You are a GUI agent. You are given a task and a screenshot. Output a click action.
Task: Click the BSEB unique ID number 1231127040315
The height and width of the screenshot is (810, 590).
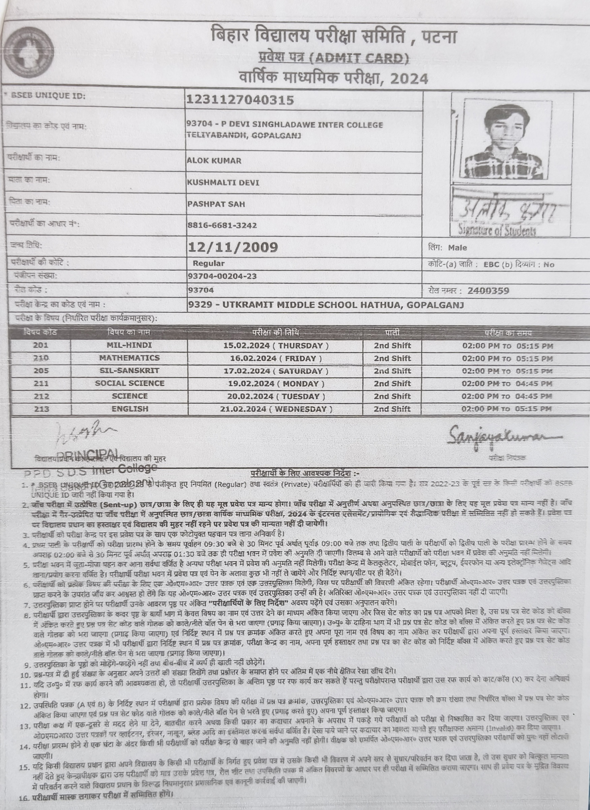pyautogui.click(x=240, y=100)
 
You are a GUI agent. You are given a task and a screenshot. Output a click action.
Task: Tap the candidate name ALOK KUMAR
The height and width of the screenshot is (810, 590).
pyautogui.click(x=214, y=161)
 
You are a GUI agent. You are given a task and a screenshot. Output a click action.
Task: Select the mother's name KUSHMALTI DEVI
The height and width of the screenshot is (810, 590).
pyautogui.click(x=223, y=183)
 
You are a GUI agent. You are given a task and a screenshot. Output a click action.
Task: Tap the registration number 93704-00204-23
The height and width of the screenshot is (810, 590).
pyautogui.click(x=222, y=276)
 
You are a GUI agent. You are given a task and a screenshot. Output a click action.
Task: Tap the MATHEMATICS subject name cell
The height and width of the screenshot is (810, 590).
pyautogui.click(x=129, y=358)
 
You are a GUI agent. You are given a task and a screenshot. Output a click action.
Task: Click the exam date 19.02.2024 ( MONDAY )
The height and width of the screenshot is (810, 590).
pyautogui.click(x=276, y=383)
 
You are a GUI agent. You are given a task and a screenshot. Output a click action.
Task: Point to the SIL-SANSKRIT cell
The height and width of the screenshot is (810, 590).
pyautogui.click(x=129, y=371)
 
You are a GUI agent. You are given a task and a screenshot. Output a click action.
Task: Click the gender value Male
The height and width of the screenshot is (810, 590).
pyautogui.click(x=458, y=248)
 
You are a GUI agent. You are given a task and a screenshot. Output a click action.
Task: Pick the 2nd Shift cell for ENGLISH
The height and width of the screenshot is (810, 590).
pyautogui.click(x=392, y=409)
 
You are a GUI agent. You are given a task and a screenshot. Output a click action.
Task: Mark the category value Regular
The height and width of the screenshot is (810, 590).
pyautogui.click(x=209, y=264)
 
